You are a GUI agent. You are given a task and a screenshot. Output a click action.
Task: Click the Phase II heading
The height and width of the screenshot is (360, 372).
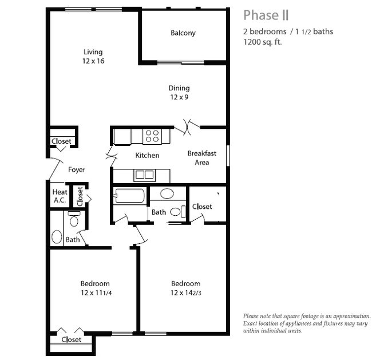(x=266, y=14)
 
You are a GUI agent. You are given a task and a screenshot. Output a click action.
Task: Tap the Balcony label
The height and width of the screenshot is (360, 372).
(x=183, y=33)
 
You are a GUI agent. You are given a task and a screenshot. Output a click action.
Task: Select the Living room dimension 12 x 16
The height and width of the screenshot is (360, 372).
(x=92, y=61)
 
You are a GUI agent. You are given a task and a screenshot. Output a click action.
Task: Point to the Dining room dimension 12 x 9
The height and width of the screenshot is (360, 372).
(x=179, y=97)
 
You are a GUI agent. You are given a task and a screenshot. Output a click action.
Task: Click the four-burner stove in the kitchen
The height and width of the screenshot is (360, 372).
(x=152, y=136)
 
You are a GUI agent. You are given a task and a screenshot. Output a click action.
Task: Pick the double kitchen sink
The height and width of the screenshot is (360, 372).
(x=144, y=175)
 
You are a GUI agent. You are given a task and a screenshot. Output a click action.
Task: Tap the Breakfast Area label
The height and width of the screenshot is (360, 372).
(x=201, y=158)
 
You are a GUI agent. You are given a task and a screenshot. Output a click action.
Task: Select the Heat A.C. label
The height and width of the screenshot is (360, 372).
(x=60, y=197)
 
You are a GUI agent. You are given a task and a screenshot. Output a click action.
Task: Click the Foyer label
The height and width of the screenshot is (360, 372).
(x=77, y=169)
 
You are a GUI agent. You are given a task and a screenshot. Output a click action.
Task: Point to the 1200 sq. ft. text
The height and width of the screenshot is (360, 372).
(x=263, y=42)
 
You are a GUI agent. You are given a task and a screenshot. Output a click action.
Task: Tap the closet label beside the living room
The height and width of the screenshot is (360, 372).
(x=61, y=141)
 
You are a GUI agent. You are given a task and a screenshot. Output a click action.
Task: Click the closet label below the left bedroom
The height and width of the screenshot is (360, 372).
(x=71, y=339)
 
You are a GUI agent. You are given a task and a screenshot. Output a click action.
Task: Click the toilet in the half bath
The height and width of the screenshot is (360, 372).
(x=74, y=220)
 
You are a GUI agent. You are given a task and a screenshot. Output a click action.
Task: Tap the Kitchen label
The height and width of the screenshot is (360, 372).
(x=147, y=156)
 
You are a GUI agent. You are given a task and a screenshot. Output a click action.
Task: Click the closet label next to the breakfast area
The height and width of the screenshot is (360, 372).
(x=202, y=207)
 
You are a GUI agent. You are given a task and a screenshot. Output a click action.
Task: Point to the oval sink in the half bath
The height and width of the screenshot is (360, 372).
(x=57, y=236)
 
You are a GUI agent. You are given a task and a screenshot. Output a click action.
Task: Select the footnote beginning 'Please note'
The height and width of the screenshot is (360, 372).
(x=306, y=323)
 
